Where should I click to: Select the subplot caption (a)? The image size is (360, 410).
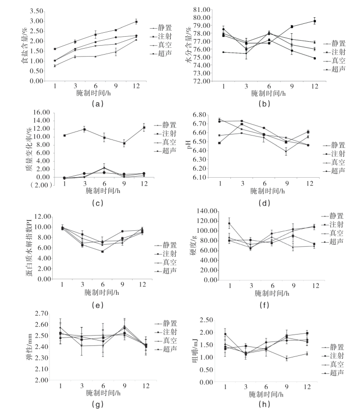pos(97,104)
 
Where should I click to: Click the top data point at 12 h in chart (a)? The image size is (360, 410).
pos(136,21)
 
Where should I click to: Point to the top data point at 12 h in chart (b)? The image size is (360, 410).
pos(314,21)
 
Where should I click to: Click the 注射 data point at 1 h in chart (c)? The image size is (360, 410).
pos(65,136)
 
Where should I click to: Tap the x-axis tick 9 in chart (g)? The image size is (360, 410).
pos(124,386)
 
